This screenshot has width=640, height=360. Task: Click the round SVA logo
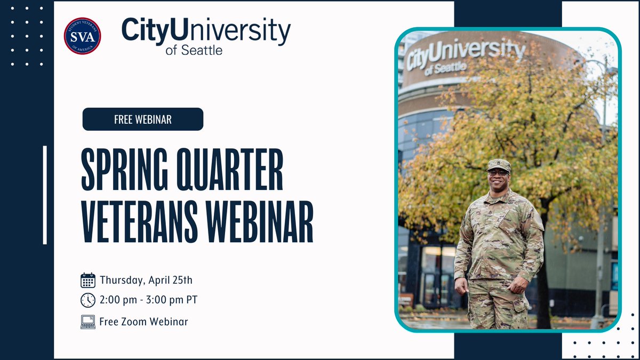82,36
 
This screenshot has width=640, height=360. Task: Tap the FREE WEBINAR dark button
143,119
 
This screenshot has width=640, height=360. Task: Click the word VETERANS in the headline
141,220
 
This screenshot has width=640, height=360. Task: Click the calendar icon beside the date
88,281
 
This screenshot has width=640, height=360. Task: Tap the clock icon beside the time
88,300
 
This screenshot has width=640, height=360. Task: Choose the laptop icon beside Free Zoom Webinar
88,322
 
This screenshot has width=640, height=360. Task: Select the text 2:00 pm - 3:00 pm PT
148,300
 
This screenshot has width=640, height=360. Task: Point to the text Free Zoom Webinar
143,322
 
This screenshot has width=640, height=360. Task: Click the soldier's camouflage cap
499,165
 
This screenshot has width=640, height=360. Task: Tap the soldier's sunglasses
499,172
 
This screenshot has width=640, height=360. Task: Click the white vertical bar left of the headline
45,195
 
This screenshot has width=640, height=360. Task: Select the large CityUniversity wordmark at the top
206,30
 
